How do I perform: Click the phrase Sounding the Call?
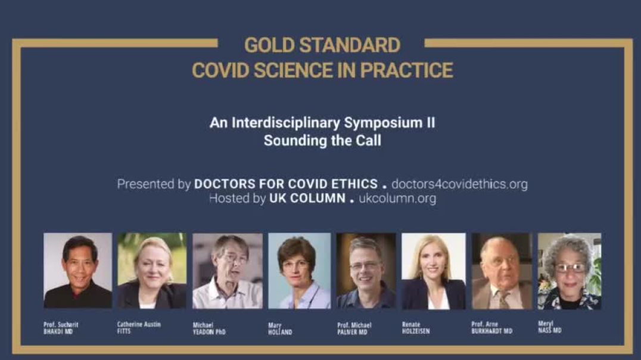[x=322, y=140]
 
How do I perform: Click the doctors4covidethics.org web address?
[x=459, y=184]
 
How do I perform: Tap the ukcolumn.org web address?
[x=397, y=198]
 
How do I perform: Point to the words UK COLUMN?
[x=307, y=198]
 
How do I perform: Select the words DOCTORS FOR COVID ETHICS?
[x=286, y=184]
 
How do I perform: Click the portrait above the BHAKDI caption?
[x=77, y=271]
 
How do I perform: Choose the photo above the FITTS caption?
[x=152, y=271]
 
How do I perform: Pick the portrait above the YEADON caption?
[x=228, y=271]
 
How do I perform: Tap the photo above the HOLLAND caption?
[x=299, y=271]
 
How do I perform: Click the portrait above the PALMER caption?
[x=366, y=271]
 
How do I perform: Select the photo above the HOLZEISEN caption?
[x=433, y=271]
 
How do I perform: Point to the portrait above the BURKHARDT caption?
[x=502, y=271]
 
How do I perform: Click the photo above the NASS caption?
[x=569, y=271]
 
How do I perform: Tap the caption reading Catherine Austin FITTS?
[x=139, y=328]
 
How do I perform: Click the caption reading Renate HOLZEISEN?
[x=416, y=328]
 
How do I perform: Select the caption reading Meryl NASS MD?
[x=550, y=327]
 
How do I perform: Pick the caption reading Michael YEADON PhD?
[x=209, y=328]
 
